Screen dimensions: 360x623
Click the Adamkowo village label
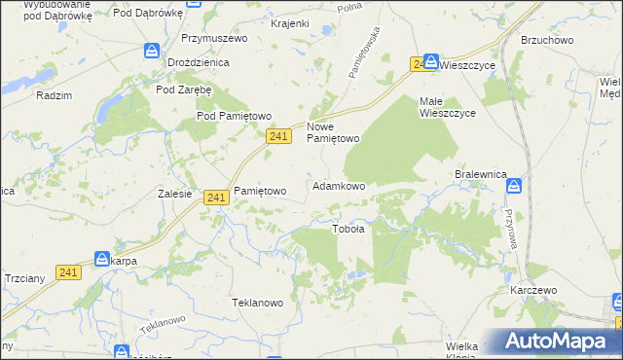point(338,185)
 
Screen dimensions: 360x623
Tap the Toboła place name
point(348,230)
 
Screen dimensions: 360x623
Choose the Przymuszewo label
point(214,38)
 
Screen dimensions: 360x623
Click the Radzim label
point(53,95)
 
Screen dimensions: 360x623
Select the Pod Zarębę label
point(184,89)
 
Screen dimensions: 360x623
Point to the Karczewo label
point(532,290)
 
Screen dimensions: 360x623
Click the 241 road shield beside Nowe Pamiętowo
point(278,138)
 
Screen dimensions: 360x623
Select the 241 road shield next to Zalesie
point(217,197)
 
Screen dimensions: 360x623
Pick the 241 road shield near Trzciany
point(67,273)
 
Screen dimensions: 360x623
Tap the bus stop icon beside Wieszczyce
point(430,60)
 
